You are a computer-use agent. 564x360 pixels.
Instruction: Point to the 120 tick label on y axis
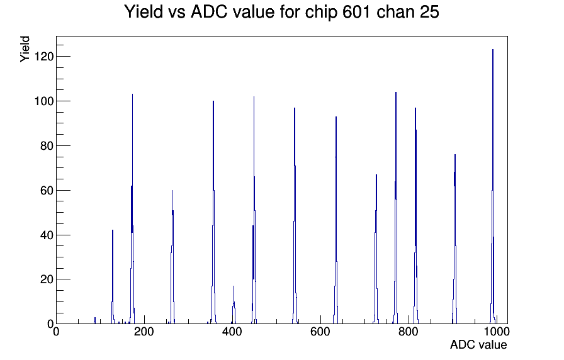point(44,57)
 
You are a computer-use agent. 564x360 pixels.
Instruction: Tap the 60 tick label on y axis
point(47,190)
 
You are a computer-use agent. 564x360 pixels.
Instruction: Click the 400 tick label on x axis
point(232,332)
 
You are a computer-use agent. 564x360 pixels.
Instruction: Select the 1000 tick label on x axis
point(497,332)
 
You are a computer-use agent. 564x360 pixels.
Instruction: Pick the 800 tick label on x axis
point(409,332)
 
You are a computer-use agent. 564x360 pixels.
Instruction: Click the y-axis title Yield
point(25,49)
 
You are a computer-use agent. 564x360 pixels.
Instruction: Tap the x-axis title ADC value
point(478,344)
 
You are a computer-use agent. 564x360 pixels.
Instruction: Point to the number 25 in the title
point(429,12)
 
